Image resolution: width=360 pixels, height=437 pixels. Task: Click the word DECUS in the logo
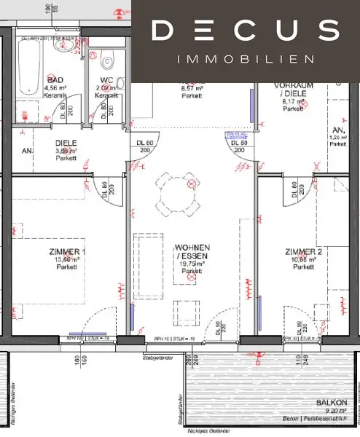click(x=245, y=31)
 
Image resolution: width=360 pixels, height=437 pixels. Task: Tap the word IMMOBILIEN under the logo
click(x=245, y=58)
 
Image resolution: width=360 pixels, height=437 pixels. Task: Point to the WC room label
click(x=106, y=80)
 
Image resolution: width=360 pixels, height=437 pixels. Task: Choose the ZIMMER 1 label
click(x=67, y=252)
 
